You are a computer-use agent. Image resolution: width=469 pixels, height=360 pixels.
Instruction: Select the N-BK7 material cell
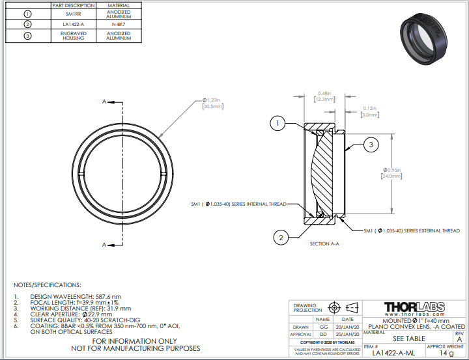[x=118, y=24]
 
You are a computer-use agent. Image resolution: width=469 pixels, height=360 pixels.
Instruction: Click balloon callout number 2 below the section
[x=281, y=238]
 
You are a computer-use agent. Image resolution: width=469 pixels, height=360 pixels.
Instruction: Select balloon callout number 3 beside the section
[x=371, y=145]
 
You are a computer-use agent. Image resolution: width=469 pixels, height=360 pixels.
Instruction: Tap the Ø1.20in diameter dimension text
[x=213, y=103]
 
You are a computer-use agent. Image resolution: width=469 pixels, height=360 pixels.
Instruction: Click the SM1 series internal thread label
[x=238, y=204]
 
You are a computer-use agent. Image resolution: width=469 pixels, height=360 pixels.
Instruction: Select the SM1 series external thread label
[x=412, y=230]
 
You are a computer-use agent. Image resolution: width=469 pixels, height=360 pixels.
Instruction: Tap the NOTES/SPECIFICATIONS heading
[x=48, y=284]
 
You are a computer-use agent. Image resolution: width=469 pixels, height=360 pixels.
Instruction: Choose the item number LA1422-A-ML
[x=390, y=353]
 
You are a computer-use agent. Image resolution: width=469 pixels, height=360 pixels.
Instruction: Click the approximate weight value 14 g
[x=446, y=353]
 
